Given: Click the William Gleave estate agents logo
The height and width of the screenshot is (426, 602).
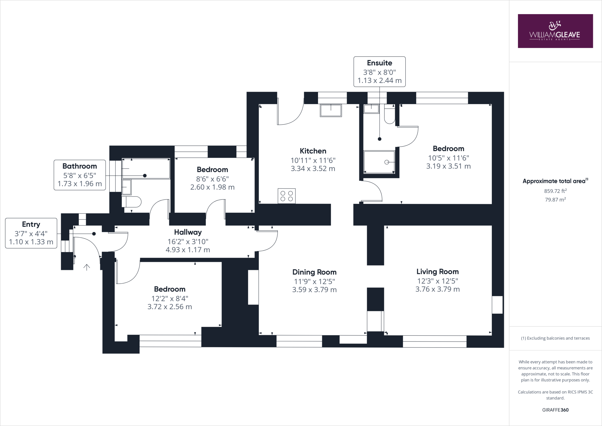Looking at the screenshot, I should (555, 31).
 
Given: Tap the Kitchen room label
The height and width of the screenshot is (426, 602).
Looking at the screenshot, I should (313, 151).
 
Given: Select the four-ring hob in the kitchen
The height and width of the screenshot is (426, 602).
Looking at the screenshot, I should (287, 196).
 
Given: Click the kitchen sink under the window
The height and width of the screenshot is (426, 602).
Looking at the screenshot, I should (331, 110).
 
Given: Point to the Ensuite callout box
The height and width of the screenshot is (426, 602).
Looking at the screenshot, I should (379, 71).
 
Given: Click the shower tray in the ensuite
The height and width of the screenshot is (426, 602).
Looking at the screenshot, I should (379, 162).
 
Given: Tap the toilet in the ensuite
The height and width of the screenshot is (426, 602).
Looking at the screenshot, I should (389, 115).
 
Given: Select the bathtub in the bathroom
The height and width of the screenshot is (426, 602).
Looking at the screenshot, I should (146, 169).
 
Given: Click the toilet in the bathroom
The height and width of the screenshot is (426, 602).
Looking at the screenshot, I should (131, 202).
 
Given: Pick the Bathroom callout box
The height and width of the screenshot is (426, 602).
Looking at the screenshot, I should (80, 175).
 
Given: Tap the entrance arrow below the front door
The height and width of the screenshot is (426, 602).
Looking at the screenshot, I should (87, 267).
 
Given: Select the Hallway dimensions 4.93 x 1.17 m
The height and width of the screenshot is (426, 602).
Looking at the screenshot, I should (188, 250).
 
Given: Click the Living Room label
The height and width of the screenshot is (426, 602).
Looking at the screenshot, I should (437, 272).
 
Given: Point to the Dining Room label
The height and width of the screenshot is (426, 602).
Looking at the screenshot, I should (314, 272).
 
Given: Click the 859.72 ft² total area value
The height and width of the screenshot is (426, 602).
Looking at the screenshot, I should (555, 191).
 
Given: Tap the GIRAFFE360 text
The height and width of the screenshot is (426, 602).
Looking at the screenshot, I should (555, 410).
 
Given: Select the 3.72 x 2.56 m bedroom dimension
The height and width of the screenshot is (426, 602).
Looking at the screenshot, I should (170, 307).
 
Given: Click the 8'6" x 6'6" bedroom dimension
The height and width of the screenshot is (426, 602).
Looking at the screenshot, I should (212, 179).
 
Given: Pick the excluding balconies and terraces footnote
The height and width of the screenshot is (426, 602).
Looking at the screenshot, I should (555, 338).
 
